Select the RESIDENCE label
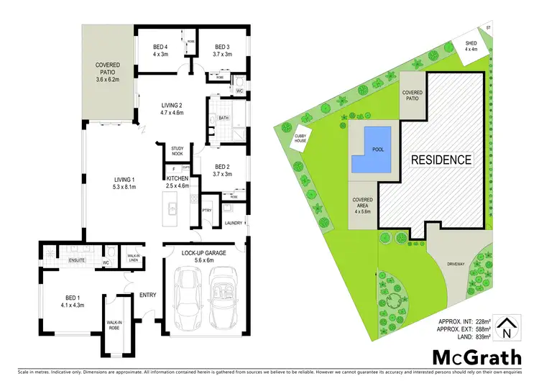point(441,160)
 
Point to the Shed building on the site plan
point(471,49)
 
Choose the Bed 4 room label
point(161,50)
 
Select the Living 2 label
point(172,108)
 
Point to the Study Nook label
point(177,153)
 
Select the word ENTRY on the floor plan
point(148,294)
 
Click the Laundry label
point(233,223)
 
